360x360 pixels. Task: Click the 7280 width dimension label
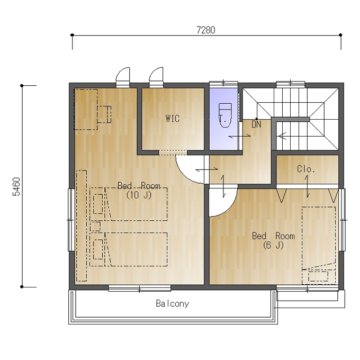[206, 30]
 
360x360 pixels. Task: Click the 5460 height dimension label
[16, 187]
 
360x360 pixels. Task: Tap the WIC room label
[173, 119]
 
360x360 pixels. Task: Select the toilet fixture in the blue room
[225, 115]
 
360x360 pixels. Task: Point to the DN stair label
[256, 124]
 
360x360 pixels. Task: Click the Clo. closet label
[306, 169]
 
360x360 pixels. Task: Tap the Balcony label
[173, 303]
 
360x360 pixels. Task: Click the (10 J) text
[139, 195]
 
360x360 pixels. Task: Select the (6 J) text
[273, 246]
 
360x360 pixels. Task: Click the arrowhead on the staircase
[282, 136]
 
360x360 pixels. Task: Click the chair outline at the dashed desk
[104, 114]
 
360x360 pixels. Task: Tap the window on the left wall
[71, 220]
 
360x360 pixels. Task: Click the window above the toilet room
[223, 84]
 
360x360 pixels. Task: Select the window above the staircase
[291, 84]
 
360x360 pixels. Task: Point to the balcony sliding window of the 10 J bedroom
[139, 289]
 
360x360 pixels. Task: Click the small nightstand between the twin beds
[95, 226]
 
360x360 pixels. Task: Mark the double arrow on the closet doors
[307, 187]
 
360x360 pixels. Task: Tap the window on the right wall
[342, 220]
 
